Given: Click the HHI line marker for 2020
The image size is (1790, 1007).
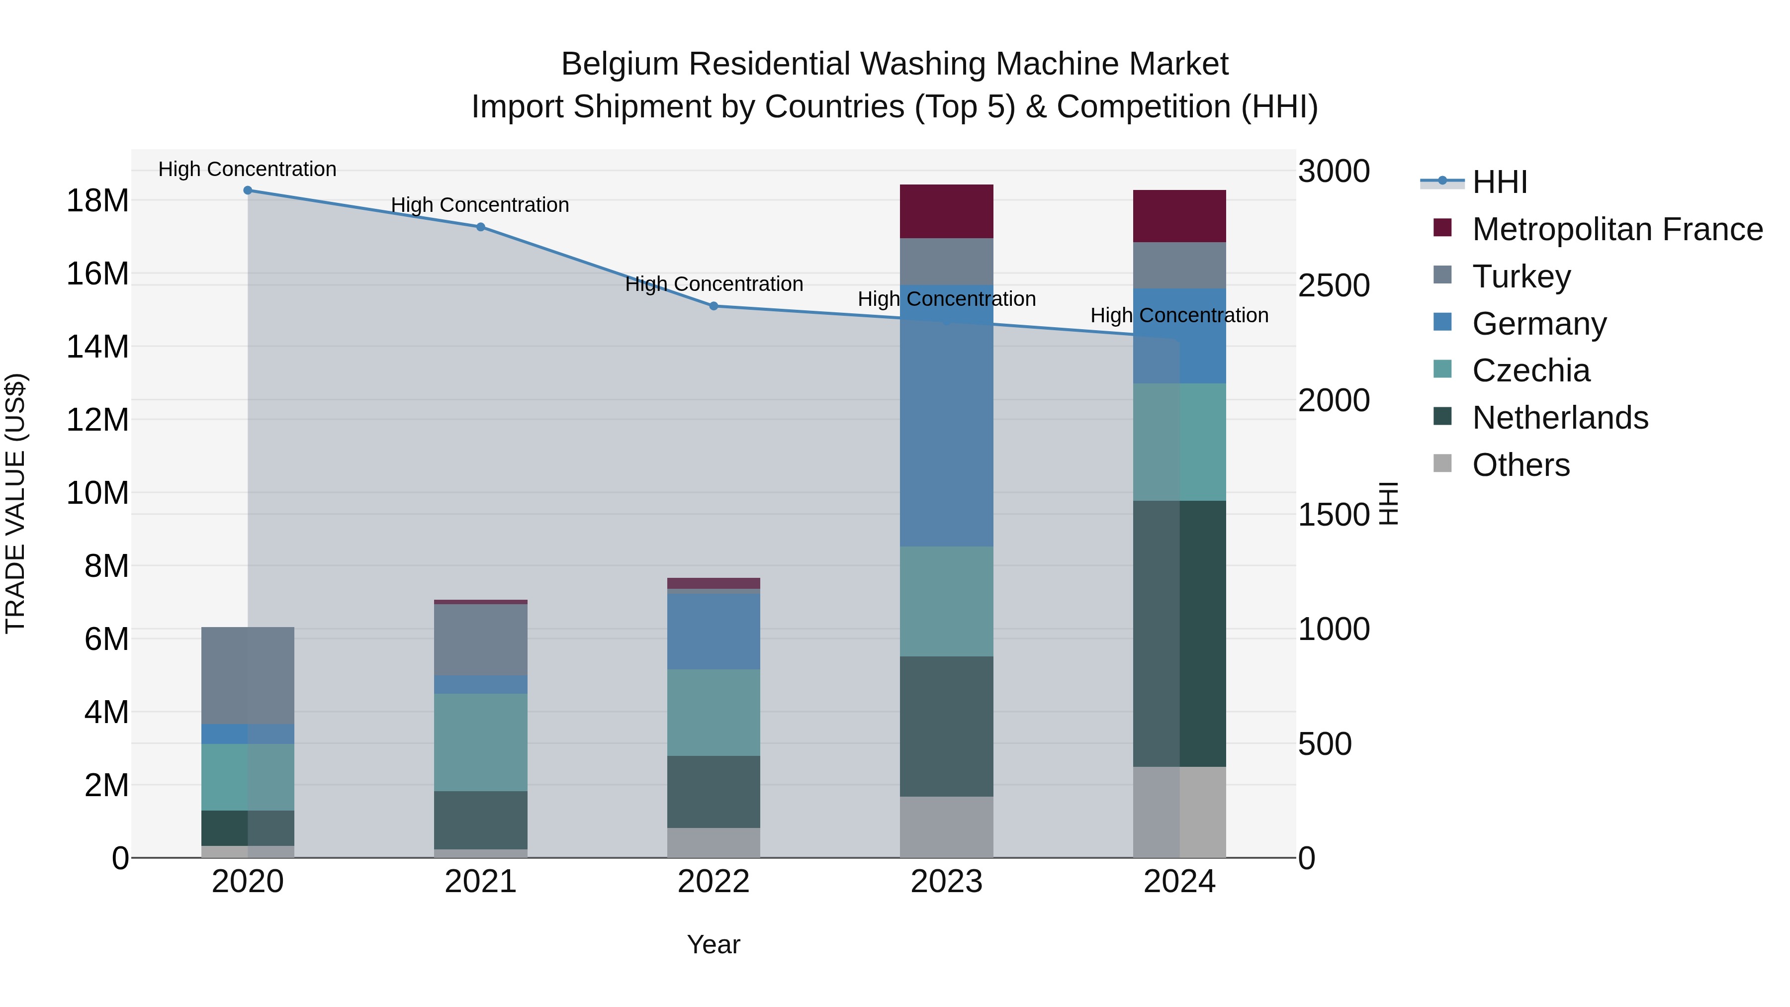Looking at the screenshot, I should point(248,190).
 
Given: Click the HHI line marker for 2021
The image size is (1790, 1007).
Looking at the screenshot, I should point(480,227).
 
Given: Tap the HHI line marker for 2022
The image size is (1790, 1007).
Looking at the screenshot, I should point(714,306).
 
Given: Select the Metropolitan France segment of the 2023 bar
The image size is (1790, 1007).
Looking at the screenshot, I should point(946,211).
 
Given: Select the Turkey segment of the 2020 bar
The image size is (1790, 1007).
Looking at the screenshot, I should point(248,675).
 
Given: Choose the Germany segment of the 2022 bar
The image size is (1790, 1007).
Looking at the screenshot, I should point(714,631).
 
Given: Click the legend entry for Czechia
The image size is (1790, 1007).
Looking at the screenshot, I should point(1531,370).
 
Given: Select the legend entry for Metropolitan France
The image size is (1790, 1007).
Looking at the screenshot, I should point(1617,229).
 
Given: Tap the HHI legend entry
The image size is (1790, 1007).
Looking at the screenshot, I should point(1500,182).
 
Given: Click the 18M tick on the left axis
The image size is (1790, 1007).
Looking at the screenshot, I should point(97,201).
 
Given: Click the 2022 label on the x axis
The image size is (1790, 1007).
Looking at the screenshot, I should point(714,882).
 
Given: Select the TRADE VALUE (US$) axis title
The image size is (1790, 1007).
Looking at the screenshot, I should point(15,503).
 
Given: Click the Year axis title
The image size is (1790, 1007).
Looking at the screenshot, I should point(714,944).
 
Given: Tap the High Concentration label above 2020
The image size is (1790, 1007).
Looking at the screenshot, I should point(248,169).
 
